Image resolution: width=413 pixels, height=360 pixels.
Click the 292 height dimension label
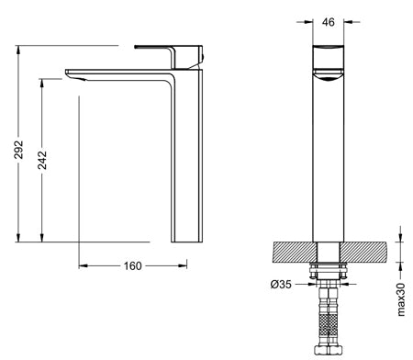tap(19, 150)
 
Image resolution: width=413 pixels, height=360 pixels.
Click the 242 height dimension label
tap(42, 160)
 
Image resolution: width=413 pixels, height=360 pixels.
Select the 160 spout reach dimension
tap(133, 266)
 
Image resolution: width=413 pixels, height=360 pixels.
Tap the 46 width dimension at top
tap(329, 22)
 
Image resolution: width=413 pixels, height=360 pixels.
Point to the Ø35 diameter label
tap(281, 285)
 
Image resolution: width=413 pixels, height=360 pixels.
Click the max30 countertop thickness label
tap(401, 299)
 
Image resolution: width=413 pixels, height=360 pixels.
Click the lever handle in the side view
tap(169, 56)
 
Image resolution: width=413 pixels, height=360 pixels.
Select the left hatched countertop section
tap(295, 252)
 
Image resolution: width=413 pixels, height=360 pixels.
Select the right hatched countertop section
tap(363, 252)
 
